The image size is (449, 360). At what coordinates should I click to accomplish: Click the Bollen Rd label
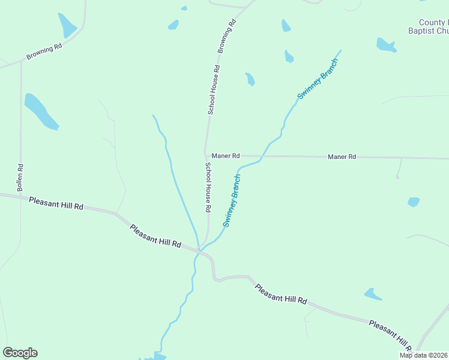(20, 178)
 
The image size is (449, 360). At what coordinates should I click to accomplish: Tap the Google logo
(20, 353)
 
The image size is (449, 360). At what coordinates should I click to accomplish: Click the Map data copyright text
(424, 355)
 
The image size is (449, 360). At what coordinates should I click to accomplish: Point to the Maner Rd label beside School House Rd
(226, 155)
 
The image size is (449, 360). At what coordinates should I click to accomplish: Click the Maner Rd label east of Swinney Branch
(342, 157)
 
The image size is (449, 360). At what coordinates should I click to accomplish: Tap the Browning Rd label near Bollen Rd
(44, 52)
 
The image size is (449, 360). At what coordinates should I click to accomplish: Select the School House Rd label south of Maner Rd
(208, 188)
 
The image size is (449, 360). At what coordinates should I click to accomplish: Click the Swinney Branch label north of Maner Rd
(318, 78)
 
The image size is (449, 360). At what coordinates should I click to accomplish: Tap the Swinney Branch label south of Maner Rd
(232, 200)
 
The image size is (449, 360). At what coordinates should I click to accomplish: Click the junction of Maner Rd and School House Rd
(206, 155)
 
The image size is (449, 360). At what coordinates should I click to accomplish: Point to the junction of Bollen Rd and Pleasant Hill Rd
(20, 196)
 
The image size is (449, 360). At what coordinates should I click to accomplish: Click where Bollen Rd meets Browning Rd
(21, 61)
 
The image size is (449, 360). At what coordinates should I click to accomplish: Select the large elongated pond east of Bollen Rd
(41, 111)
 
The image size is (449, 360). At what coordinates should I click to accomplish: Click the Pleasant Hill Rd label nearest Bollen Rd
(56, 203)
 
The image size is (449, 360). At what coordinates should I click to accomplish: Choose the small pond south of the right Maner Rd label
(414, 202)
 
